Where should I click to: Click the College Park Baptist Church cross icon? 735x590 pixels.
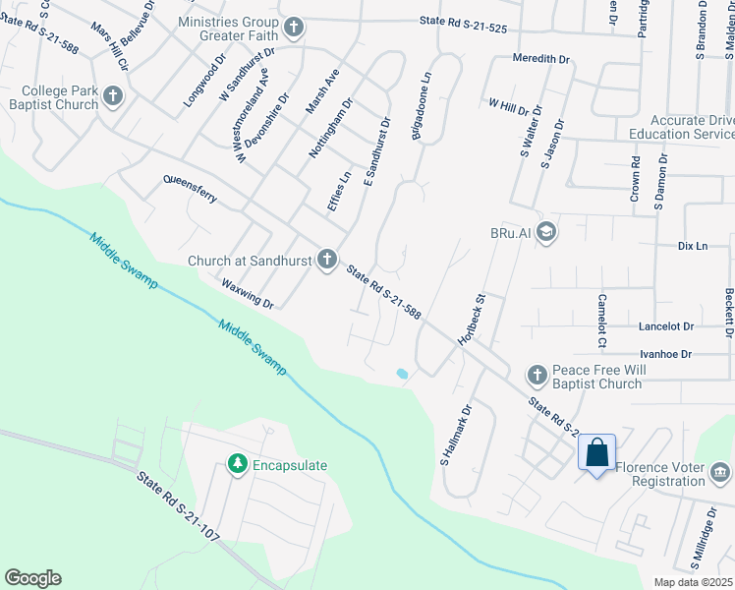pos(113,96)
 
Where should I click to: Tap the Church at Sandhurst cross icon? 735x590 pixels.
pos(327,261)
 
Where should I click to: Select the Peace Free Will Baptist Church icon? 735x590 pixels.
pos(537,374)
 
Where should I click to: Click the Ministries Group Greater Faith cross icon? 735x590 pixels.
pos(292,26)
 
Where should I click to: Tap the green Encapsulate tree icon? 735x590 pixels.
pos(236,464)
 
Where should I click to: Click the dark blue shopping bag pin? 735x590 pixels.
pos(596,453)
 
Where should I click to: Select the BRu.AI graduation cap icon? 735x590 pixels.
pos(547,233)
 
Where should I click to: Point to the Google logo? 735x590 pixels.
pos(32,578)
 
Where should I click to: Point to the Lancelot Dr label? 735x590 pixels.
pos(665,325)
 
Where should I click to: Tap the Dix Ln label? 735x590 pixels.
pos(692,246)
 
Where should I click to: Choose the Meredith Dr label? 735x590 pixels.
pos(541,59)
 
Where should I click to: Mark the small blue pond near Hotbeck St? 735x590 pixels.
pos(400,374)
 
